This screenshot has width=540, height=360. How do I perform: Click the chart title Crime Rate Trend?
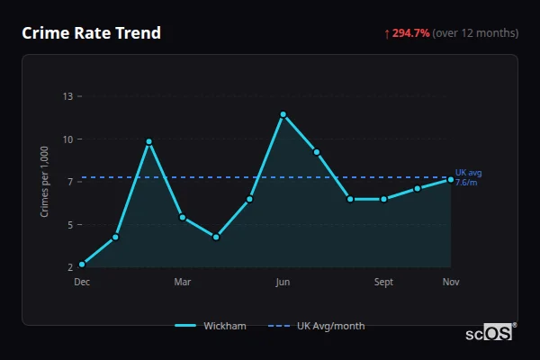pos(91,33)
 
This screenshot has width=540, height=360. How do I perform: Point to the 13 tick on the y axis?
pos(67,95)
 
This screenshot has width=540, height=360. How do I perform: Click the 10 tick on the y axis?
pos(67,139)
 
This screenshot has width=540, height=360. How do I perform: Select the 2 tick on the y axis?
pos(70,266)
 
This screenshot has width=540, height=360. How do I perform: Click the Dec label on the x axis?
pos(82,283)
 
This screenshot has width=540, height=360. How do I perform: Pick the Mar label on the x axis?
pos(183,283)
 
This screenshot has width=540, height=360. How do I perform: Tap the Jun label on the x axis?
pos(283,283)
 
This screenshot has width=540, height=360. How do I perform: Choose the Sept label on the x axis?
pos(383,283)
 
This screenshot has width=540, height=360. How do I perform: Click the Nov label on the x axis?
pos(451,283)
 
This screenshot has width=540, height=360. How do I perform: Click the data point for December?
pos(82,265)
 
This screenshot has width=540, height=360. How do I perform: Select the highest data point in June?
pos(283,114)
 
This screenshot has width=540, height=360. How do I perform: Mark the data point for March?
pos(183,217)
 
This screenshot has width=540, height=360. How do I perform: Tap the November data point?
pos(451,180)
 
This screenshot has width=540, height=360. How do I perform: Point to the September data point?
pos(383,199)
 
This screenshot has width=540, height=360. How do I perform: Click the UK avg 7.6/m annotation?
pos(468,177)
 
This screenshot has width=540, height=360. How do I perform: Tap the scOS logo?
pos(489,333)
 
